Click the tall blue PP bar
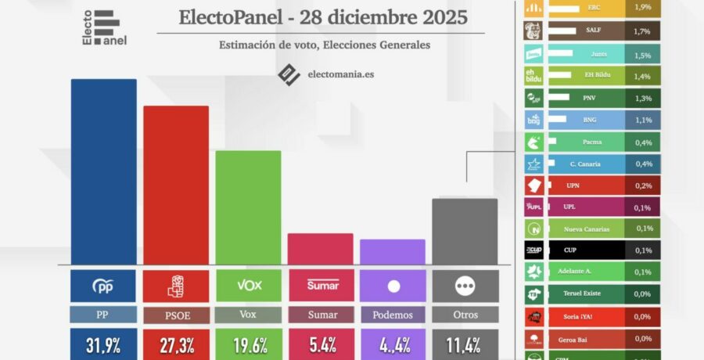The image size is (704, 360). [x=103, y=172]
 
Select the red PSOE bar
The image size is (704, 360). [x=175, y=185]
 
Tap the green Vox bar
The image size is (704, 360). [x=248, y=207]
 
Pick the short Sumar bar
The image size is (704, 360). [x=320, y=249]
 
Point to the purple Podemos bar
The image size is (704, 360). [x=393, y=252]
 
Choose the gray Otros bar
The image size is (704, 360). [x=465, y=232]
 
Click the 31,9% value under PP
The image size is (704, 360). [x=103, y=345]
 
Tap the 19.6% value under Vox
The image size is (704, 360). [x=248, y=345]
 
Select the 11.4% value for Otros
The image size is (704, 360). [x=465, y=345]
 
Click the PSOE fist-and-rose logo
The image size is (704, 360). [x=175, y=286]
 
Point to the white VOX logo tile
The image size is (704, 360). [x=248, y=286]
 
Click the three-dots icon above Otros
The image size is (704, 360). [x=465, y=286]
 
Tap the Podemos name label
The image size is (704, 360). [x=393, y=315]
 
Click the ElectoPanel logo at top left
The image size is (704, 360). [x=105, y=27]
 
